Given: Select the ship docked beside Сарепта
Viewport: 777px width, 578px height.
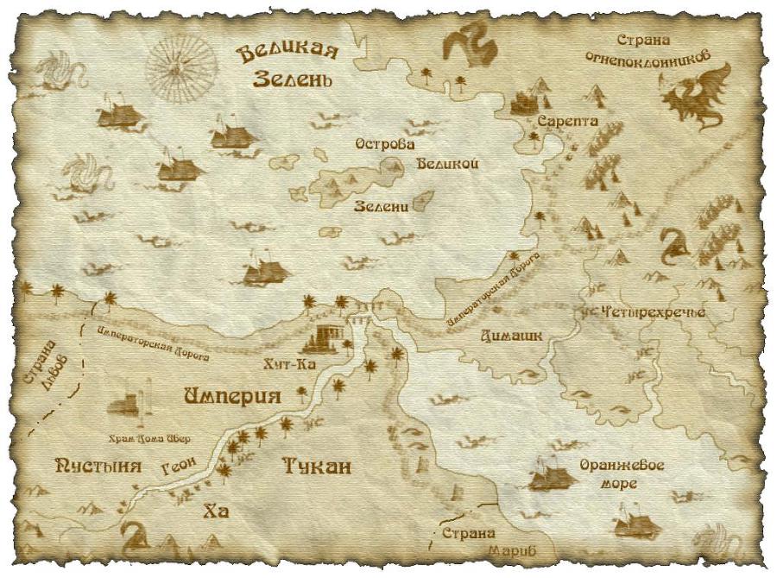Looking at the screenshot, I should [x=526, y=103].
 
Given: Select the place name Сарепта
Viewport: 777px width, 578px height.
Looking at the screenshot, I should [x=567, y=122].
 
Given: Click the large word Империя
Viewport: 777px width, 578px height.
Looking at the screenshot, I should [x=233, y=396].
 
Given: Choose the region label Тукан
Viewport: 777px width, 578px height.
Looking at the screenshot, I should [x=317, y=467].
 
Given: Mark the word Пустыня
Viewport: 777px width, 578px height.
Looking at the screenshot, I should [x=98, y=466].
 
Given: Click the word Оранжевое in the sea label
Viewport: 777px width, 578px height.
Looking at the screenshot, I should [x=622, y=465].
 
